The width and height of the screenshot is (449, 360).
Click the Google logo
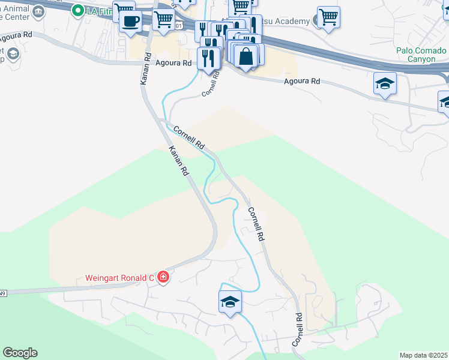20,353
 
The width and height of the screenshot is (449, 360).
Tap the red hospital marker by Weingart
163,277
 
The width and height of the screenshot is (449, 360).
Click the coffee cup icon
130,22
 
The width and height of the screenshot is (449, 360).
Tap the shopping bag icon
247,56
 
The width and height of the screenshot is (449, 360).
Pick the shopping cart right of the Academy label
328,17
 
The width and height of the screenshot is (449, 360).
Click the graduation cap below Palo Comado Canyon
385,83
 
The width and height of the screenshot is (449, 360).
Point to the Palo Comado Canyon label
421,55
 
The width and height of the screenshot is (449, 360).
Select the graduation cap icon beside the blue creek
230,302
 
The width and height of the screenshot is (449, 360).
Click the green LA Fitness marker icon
78,10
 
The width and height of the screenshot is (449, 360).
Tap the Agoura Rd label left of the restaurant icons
173,62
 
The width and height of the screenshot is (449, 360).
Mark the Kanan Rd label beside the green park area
178,160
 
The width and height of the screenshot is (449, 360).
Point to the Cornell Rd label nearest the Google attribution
297,329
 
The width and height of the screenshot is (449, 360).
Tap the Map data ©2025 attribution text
424,355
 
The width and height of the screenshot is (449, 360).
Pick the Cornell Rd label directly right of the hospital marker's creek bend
256,224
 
